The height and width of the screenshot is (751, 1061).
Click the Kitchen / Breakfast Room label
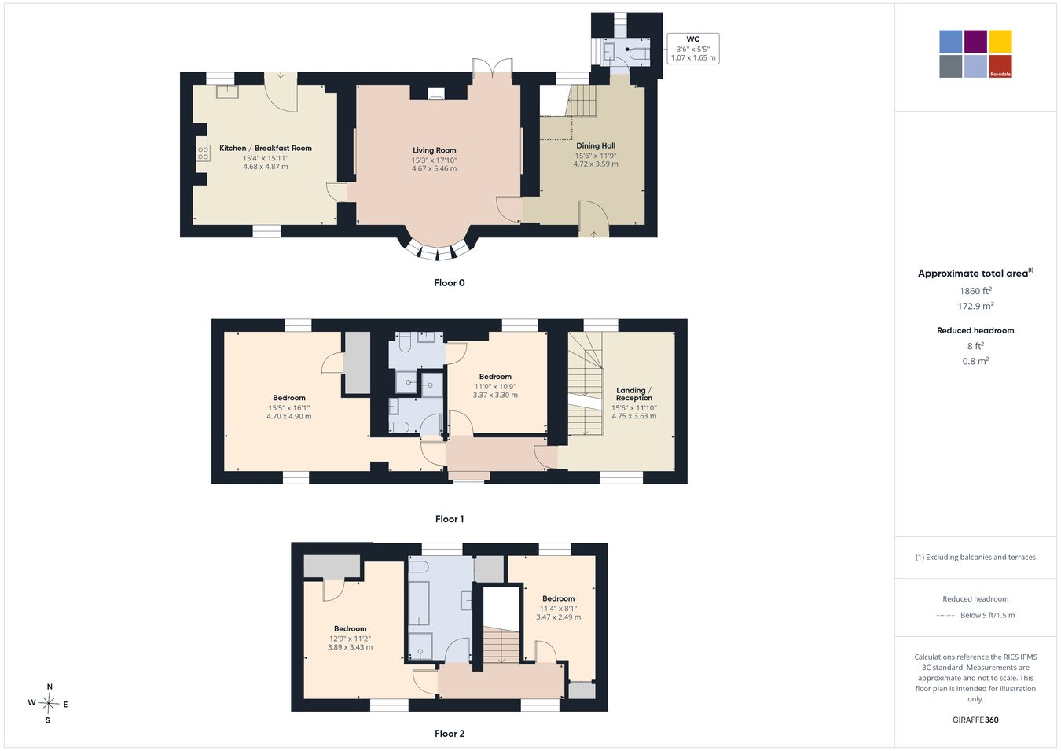pyautogui.click(x=266, y=149)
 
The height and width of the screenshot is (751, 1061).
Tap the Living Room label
pyautogui.click(x=435, y=150)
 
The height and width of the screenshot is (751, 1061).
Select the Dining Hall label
pyautogui.click(x=596, y=146)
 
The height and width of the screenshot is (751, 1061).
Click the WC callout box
pyautogui.click(x=693, y=48)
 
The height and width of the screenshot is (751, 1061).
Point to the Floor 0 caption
pyautogui.click(x=450, y=283)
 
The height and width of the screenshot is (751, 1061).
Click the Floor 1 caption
pyautogui.click(x=450, y=519)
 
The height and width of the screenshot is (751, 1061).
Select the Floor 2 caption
pyautogui.click(x=450, y=734)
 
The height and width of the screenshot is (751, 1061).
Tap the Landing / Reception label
pyautogui.click(x=633, y=394)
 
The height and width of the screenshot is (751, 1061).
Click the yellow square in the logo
pyautogui.click(x=1000, y=42)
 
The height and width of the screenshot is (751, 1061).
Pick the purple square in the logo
pyautogui.click(x=976, y=42)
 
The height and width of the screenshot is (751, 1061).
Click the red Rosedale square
pyautogui.click(x=1000, y=66)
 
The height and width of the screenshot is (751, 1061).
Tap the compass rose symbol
pyautogui.click(x=48, y=704)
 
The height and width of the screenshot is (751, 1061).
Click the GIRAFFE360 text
pyautogui.click(x=975, y=720)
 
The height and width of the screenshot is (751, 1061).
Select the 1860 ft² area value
pyautogui.click(x=975, y=291)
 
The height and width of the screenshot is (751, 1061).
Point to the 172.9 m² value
pyautogui.click(x=975, y=306)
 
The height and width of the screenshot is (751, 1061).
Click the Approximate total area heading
pyautogui.click(x=975, y=273)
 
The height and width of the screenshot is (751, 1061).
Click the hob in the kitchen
pyautogui.click(x=203, y=154)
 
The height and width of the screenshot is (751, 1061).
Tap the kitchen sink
pyautogui.click(x=227, y=91)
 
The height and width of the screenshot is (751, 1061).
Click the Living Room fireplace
pyautogui.click(x=436, y=94)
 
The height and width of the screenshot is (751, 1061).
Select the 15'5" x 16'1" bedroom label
pyautogui.click(x=289, y=408)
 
